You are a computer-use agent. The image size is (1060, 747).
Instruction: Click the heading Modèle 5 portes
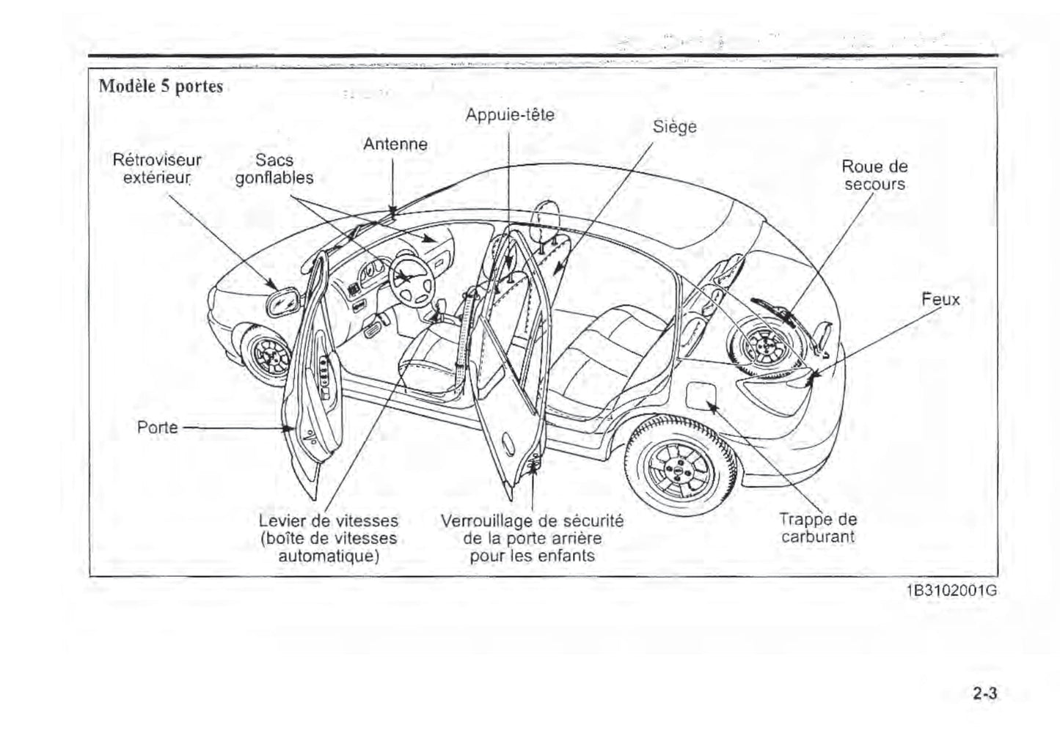pyautogui.click(x=161, y=87)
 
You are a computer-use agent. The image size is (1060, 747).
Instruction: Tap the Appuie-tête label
pyautogui.click(x=510, y=115)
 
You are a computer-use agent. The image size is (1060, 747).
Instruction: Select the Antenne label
pyautogui.click(x=395, y=144)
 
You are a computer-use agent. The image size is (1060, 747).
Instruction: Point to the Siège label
pyautogui.click(x=674, y=127)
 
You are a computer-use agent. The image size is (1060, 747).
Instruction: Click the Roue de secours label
pyautogui.click(x=874, y=175)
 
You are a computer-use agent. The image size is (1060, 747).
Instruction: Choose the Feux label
pyautogui.click(x=940, y=299)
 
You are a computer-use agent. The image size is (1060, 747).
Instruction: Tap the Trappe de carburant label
pyautogui.click(x=818, y=528)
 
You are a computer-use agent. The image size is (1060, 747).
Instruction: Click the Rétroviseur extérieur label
pyautogui.click(x=157, y=169)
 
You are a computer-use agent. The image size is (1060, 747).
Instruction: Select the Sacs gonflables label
pyautogui.click(x=274, y=169)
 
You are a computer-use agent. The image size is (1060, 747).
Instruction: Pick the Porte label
pyautogui.click(x=158, y=427)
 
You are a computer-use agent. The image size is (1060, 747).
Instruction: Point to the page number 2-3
pyautogui.click(x=984, y=693)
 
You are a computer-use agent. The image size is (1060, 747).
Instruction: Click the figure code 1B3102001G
pyautogui.click(x=951, y=591)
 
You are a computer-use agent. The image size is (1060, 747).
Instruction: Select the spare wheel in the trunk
pyautogui.click(x=764, y=345)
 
